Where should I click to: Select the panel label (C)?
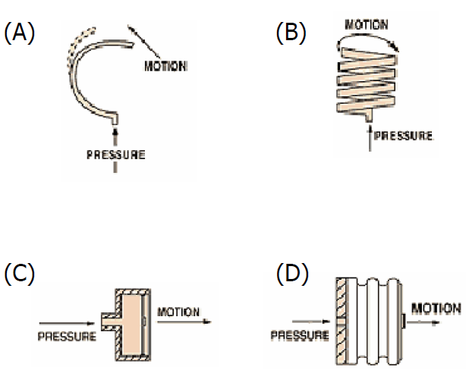point(19,274)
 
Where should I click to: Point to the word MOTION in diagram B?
point(367,24)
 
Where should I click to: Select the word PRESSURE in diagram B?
point(404,136)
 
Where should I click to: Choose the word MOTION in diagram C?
point(178,312)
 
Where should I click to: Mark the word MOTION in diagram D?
point(436,309)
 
